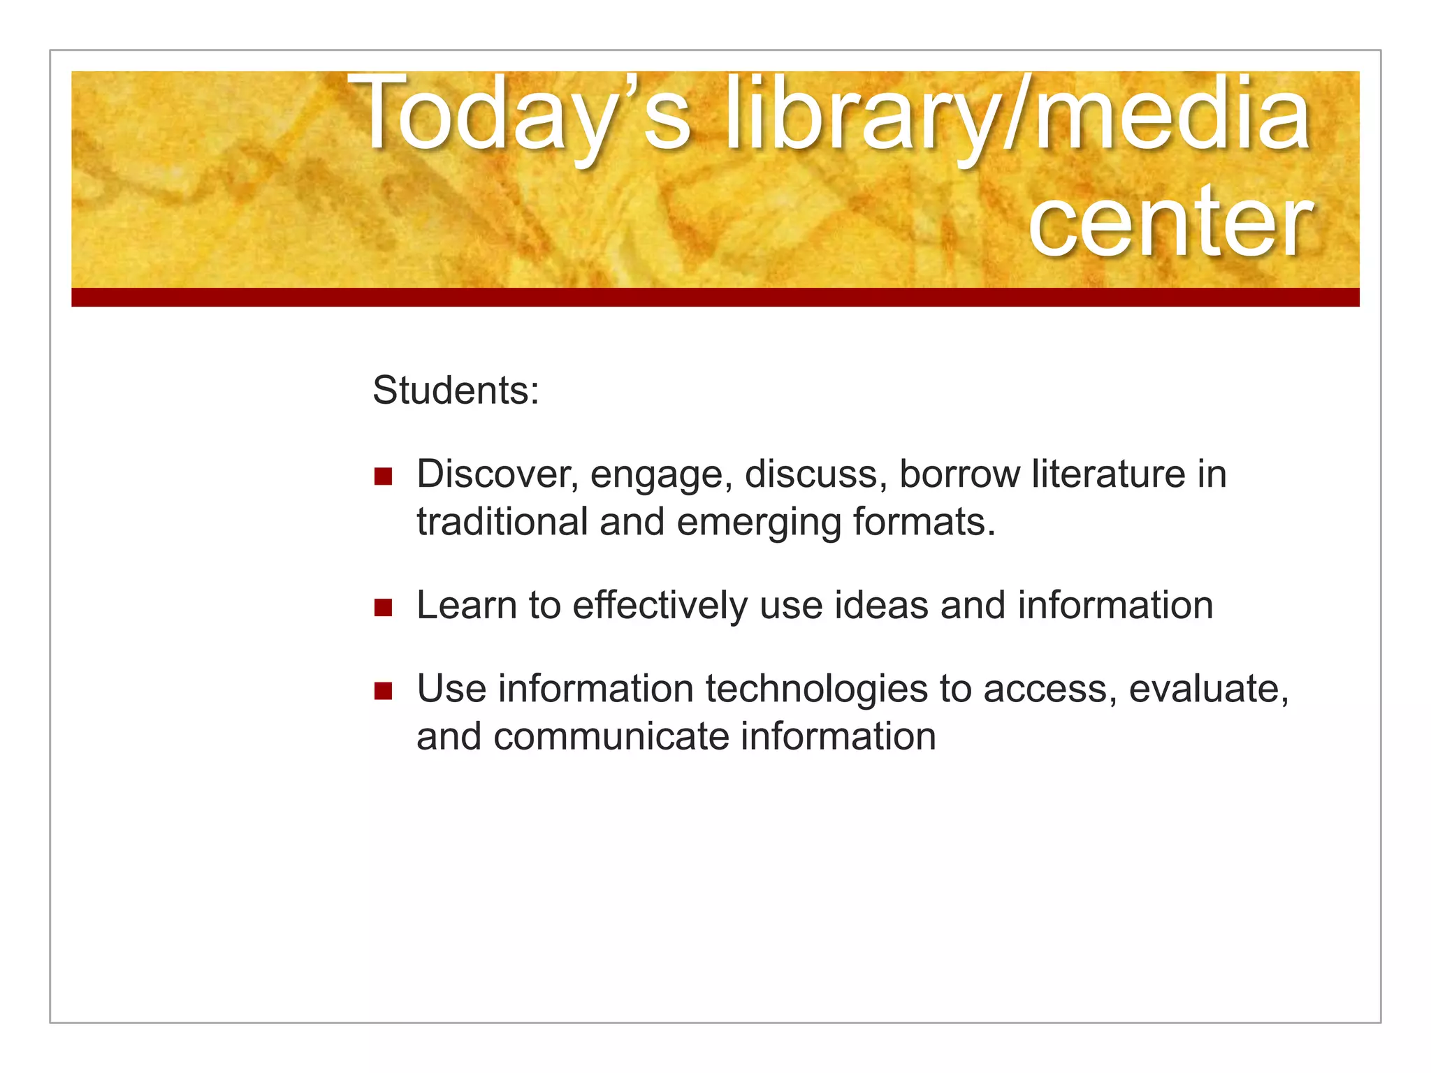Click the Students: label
pos(456,390)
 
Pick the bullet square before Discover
pos(383,476)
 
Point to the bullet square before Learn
pos(383,607)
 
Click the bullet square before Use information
pos(383,691)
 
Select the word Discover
pos(497,474)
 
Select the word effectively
pos(660,605)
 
